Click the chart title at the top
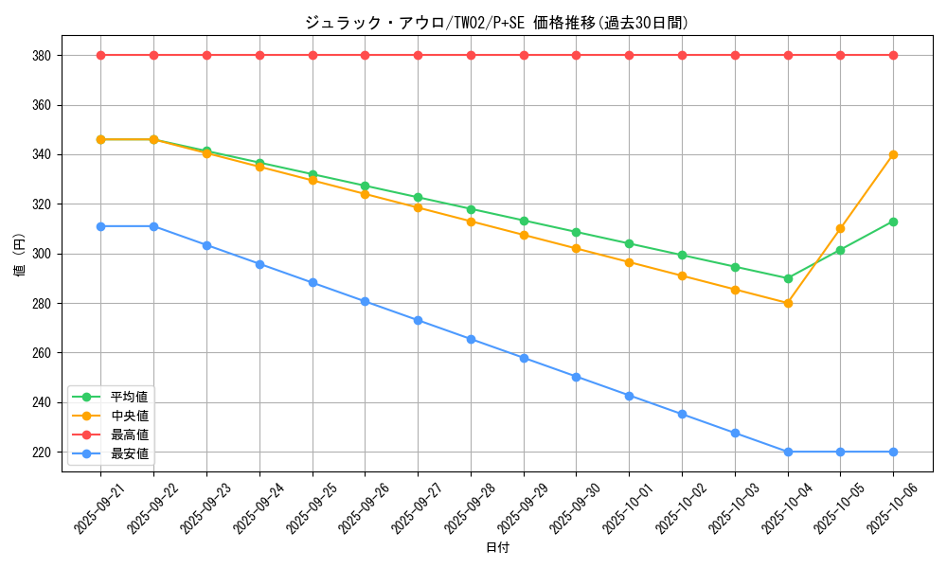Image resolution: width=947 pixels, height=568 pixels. [x=496, y=23]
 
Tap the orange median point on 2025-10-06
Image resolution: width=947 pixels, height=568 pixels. [x=893, y=154]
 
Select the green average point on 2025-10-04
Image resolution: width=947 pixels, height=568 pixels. [x=788, y=278]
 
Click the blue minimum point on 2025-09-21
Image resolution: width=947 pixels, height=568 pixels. [x=100, y=226]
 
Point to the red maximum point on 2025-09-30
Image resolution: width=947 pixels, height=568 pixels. [x=576, y=55]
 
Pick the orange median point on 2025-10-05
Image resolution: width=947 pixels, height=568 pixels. [x=840, y=228]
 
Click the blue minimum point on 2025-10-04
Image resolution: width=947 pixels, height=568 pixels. [x=788, y=452]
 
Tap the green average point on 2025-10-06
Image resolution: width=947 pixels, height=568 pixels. [x=893, y=222]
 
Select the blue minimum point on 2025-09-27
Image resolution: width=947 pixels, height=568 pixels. [x=418, y=320]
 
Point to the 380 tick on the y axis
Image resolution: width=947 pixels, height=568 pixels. [x=42, y=55]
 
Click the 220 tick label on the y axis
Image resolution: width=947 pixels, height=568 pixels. [x=42, y=452]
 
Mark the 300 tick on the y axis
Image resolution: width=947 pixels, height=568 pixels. [x=42, y=254]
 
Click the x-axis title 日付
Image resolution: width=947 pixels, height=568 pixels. [x=497, y=548]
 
